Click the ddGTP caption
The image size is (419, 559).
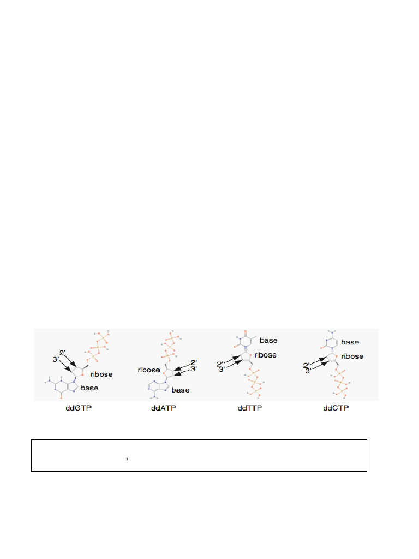tap(75, 409)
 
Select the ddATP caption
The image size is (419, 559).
tap(163, 409)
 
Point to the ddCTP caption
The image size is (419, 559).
tap(334, 409)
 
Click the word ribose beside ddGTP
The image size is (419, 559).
tap(102, 374)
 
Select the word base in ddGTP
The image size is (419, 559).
tap(90, 388)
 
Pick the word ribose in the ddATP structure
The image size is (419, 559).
tap(149, 370)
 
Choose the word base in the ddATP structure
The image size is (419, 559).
tap(181, 390)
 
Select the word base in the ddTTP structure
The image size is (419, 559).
tap(268, 340)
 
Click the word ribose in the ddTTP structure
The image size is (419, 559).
tap(266, 355)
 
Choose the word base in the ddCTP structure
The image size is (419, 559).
tap(350, 342)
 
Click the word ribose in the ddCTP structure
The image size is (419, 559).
tap(353, 356)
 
